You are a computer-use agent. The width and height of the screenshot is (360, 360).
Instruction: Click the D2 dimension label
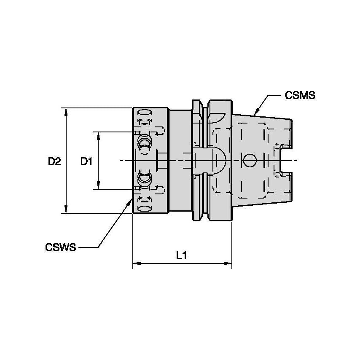(54, 161)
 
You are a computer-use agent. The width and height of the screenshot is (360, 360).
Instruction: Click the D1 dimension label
(86, 161)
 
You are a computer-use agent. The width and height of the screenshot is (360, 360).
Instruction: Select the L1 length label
(182, 255)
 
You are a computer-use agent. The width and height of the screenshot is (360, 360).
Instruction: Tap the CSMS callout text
(300, 95)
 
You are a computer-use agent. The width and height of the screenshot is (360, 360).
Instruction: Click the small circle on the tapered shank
(249, 161)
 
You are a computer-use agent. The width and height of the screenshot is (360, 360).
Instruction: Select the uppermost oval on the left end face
(145, 113)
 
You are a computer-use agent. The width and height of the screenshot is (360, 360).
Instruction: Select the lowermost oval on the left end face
(145, 209)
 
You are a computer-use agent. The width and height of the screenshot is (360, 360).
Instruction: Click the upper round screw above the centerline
(144, 142)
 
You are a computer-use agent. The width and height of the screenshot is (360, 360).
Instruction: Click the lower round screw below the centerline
(144, 179)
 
